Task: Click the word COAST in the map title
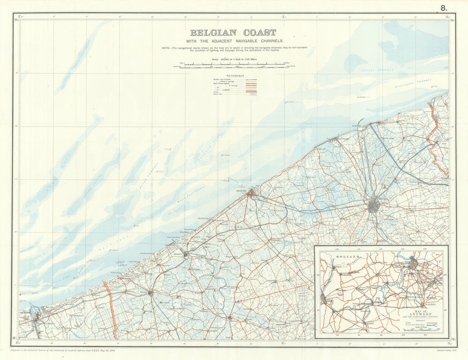point(259,33)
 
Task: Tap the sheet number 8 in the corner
point(443,7)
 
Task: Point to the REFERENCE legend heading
point(235,75)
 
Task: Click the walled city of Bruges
point(373,206)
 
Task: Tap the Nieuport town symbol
point(186,255)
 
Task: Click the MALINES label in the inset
point(428,303)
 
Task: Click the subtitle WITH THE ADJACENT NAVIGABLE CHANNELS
point(233,41)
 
